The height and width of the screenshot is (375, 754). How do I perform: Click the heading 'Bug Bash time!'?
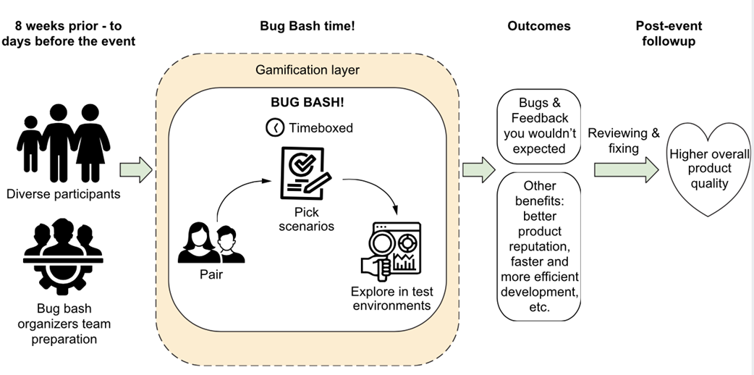tap(308, 26)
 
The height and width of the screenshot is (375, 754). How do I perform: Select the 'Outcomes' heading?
tap(538, 26)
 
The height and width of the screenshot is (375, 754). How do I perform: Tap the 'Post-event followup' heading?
tap(669, 33)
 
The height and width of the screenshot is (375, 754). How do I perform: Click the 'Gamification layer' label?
tap(308, 70)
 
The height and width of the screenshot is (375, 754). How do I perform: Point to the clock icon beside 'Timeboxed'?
tap(276, 127)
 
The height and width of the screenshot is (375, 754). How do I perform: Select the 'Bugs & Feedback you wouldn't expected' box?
tap(539, 126)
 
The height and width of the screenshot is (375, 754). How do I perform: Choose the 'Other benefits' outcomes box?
tap(539, 246)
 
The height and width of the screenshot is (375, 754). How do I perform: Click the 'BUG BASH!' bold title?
tap(308, 104)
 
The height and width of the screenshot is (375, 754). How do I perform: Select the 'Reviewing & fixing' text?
tap(624, 140)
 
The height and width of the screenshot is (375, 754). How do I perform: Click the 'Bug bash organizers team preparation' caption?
tap(64, 323)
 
